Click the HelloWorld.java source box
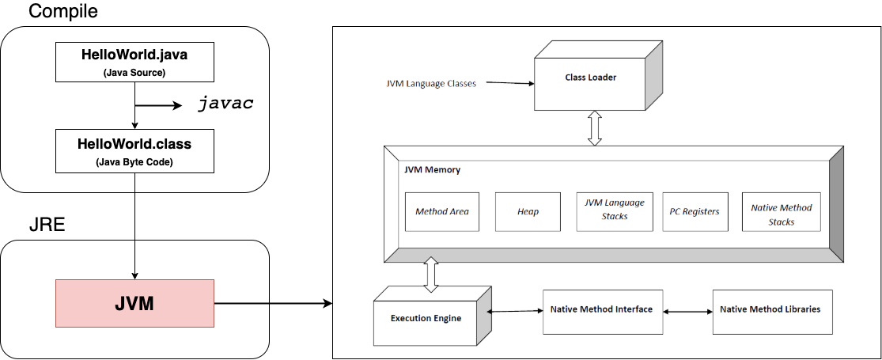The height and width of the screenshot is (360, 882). coord(134,62)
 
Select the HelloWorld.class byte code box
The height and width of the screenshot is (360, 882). coord(134,151)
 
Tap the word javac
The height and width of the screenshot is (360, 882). coord(225,104)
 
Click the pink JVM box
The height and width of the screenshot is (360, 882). coord(134,303)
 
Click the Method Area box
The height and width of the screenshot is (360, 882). coord(442,211)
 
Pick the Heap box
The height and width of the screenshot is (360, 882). coord(528,211)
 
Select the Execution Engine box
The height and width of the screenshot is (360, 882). coord(426,318)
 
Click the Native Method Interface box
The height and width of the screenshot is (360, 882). coord(601,310)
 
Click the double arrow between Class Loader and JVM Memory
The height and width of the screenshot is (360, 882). coord(595,128)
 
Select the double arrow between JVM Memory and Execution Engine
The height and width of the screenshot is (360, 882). coord(432,275)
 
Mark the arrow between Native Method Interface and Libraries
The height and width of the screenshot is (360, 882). coord(687,312)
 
